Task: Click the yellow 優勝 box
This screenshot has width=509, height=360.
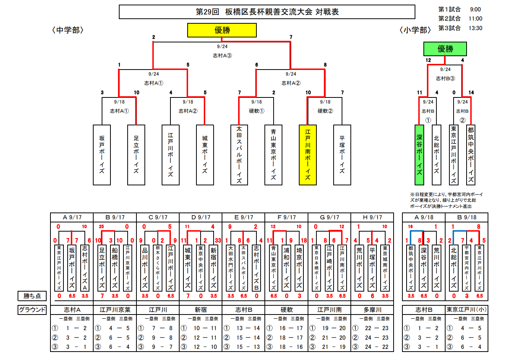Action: pyautogui.click(x=222, y=30)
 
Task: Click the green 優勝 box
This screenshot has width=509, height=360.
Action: pyautogui.click(x=445, y=49)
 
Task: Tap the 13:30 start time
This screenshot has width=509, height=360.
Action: pyautogui.click(x=475, y=28)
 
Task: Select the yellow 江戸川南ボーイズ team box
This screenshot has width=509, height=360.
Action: pyautogui.click(x=308, y=155)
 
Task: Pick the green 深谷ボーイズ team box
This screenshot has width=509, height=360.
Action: pyautogui.click(x=420, y=155)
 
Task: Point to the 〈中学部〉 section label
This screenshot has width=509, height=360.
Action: pyautogui.click(x=68, y=30)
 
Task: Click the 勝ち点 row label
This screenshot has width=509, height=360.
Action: pyautogui.click(x=32, y=296)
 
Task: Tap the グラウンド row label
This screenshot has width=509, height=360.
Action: pyautogui.click(x=32, y=310)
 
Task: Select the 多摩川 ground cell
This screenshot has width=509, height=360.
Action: pyautogui.click(x=372, y=310)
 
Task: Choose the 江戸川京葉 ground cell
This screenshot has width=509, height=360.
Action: pyautogui.click(x=115, y=310)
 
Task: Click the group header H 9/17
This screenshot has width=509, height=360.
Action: pyautogui.click(x=372, y=217)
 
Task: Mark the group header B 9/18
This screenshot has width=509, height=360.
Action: pyautogui.click(x=467, y=217)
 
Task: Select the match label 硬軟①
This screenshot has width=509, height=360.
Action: pyautogui.click(x=256, y=111)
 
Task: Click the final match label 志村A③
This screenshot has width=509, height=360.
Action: pyautogui.click(x=222, y=55)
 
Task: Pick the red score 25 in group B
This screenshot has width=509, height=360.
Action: pyautogui.click(x=101, y=227)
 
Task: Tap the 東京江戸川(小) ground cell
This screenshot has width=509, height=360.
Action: pyautogui.click(x=467, y=310)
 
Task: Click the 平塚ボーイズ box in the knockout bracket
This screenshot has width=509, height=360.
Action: pyautogui.click(x=342, y=155)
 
